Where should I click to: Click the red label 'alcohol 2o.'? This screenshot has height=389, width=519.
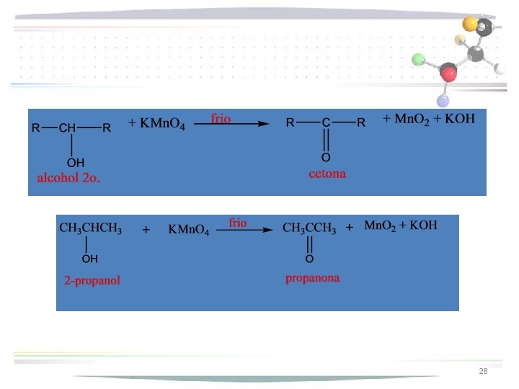click(x=68, y=178)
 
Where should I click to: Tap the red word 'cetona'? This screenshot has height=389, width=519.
click(x=327, y=174)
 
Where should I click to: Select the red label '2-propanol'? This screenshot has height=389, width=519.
click(x=92, y=280)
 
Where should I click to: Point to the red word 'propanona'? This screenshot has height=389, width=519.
click(x=313, y=277)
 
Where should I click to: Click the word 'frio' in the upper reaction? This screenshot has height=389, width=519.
click(x=221, y=118)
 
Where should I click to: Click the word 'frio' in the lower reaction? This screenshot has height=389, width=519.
click(x=238, y=223)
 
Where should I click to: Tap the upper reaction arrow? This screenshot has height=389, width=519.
click(x=237, y=124)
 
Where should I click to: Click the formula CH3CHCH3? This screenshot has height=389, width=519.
click(x=90, y=229)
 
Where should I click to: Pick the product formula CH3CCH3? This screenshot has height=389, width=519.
click(x=309, y=229)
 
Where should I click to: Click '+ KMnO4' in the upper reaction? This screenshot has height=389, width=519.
click(x=156, y=124)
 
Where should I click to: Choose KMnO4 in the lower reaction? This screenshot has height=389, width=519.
click(x=188, y=231)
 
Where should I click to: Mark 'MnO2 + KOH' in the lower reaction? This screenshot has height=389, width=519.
click(x=402, y=226)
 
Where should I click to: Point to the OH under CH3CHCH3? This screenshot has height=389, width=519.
click(x=90, y=257)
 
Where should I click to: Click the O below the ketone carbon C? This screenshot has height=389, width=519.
click(x=326, y=157)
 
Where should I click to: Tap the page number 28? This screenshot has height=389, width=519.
click(x=483, y=371)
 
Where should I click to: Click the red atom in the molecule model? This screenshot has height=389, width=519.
click(x=449, y=73)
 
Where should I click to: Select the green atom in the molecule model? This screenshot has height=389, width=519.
click(x=418, y=60)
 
